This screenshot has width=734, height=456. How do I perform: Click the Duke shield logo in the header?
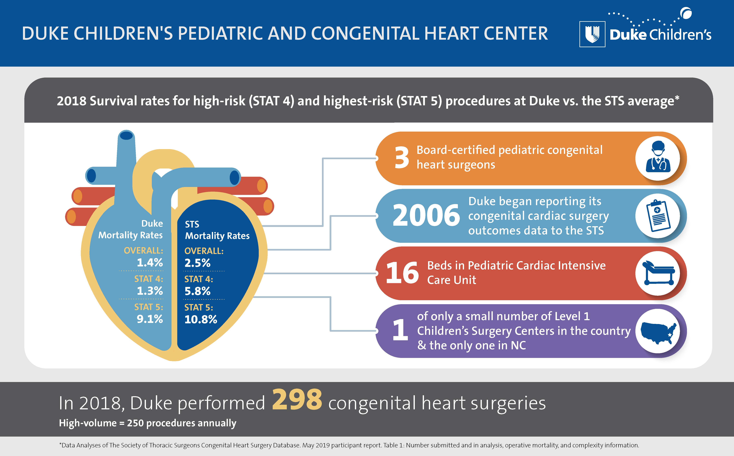click(x=592, y=34)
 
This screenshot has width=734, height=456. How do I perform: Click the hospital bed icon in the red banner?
click(x=658, y=273)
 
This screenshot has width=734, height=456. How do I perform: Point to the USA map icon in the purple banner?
click(x=658, y=331)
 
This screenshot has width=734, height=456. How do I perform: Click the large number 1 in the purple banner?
click(x=400, y=331)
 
